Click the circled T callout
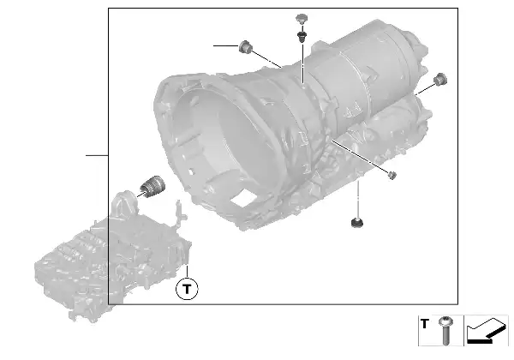[x=186, y=288]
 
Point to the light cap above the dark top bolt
[x=301, y=18]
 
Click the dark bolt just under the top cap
[x=302, y=36]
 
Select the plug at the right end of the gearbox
[x=440, y=80]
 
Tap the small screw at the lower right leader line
[x=391, y=176]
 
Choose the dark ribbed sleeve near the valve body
[x=152, y=184]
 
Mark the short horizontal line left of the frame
[x=96, y=155]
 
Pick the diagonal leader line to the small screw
[x=360, y=159]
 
